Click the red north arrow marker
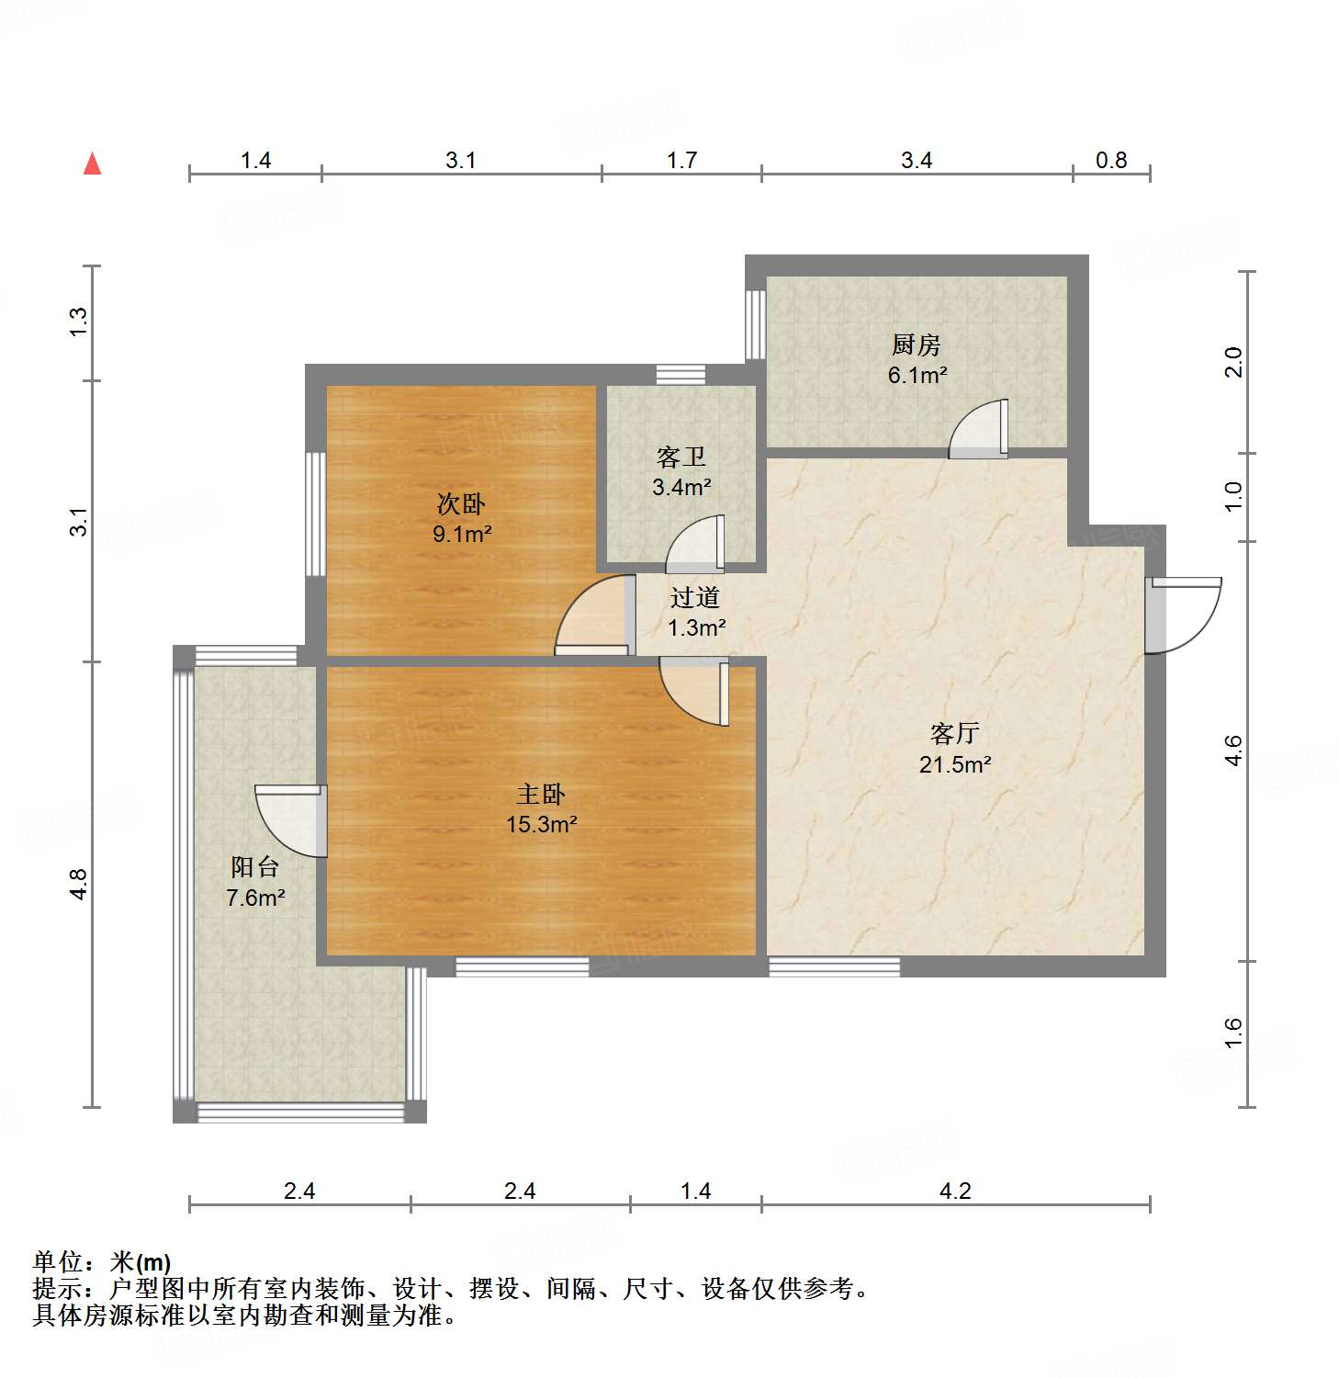(92, 164)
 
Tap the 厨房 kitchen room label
(916, 344)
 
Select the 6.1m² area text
(917, 375)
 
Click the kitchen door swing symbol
(981, 430)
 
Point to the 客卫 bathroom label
(681, 457)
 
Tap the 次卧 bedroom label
(461, 503)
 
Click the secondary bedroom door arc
(592, 616)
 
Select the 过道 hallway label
(694, 598)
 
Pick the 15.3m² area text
(541, 824)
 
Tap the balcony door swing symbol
(292, 820)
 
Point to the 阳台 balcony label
(254, 866)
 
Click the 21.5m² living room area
(955, 764)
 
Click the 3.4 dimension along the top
(916, 161)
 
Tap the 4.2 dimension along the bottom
(955, 1192)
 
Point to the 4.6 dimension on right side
(1233, 751)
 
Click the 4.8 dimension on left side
(79, 884)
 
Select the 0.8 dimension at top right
(1111, 161)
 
